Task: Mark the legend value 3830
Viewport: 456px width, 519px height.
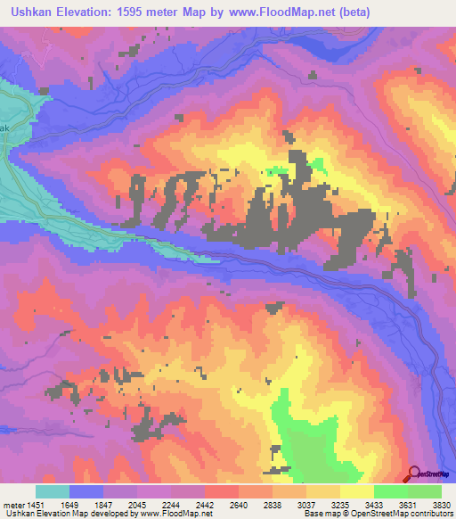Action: point(442,504)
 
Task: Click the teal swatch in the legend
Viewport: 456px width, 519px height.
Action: point(53,491)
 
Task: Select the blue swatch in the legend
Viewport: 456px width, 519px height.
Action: point(86,491)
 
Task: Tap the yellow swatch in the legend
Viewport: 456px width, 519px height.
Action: point(357,491)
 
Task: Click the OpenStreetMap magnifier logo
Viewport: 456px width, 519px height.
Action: point(413,474)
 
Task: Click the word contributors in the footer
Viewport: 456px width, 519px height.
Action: point(429,514)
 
